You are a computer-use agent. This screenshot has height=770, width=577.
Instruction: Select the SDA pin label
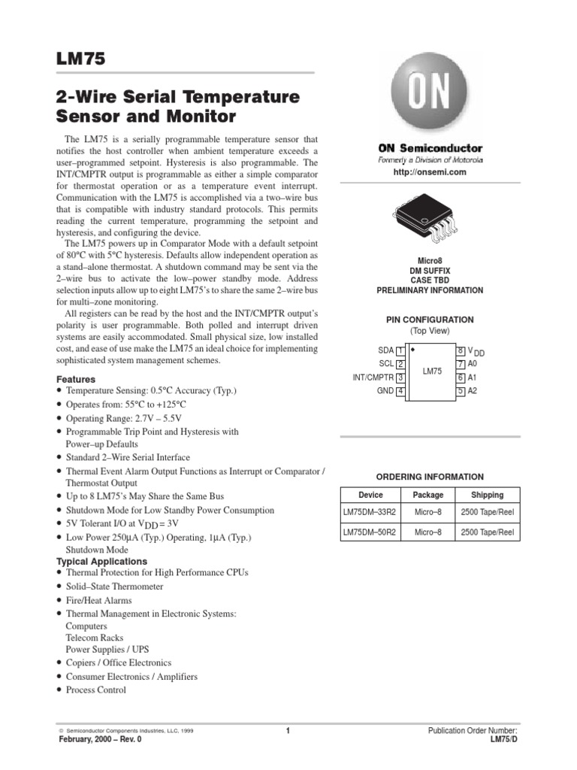coord(385,350)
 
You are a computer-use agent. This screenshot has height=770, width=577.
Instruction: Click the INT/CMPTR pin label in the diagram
coord(373,377)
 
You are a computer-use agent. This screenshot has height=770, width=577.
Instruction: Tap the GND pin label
coord(385,391)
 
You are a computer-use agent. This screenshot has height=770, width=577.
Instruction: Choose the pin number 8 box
coord(461,350)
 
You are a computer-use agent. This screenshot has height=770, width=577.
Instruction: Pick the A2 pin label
coord(473,391)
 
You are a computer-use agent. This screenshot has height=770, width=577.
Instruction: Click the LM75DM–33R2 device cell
coord(370,511)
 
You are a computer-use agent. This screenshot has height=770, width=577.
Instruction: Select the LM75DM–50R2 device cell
coord(370,532)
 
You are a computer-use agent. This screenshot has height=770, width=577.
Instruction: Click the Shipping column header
coord(487,495)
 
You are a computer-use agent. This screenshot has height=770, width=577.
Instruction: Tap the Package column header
coord(428,495)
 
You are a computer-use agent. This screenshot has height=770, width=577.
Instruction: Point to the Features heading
coord(76,380)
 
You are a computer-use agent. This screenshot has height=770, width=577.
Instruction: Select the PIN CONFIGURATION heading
coord(429,320)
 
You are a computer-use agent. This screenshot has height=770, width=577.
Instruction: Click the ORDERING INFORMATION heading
coord(429,477)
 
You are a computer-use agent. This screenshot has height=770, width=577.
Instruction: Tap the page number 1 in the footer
coord(288,730)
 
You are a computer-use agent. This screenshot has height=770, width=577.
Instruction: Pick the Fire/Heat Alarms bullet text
coord(98,600)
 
